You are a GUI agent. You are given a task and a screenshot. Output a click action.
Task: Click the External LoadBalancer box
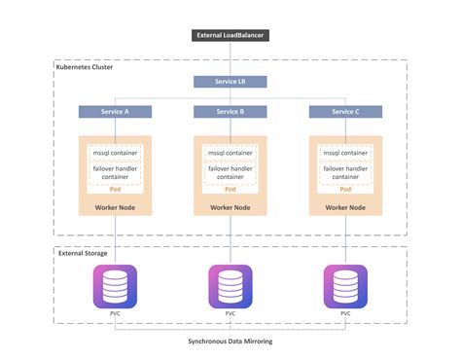coord(230,37)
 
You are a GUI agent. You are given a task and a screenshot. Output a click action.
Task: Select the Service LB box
coord(230,82)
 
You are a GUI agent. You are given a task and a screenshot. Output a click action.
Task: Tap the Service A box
coord(115,113)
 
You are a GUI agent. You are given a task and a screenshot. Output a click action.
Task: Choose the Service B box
coord(230,113)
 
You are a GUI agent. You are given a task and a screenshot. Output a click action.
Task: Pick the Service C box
coord(345,113)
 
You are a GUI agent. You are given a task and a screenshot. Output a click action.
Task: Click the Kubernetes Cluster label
coord(86,68)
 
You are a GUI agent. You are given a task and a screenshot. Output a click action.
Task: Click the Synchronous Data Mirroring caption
coord(230,342)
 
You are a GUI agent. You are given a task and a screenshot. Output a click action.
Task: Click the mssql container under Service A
coord(115,153)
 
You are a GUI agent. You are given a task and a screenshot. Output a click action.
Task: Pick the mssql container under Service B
coord(230,153)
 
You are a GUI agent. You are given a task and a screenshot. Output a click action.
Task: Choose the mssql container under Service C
coord(345,153)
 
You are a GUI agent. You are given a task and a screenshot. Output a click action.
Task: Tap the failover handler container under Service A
coord(115,173)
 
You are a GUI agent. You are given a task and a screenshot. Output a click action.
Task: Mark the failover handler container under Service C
coord(345,173)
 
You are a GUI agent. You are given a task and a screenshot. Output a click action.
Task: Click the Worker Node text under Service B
coord(230,208)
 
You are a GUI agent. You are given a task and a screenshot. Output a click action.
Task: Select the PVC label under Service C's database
coord(345,314)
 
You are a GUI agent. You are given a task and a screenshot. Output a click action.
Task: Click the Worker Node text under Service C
coord(345,208)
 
